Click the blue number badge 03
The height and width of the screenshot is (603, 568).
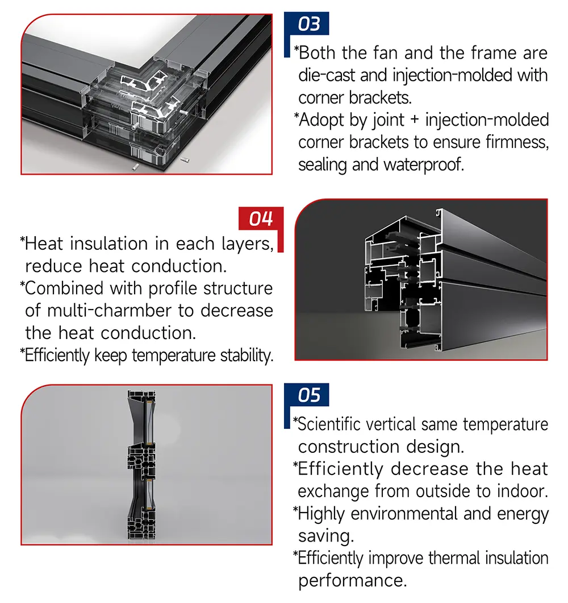pyautogui.click(x=307, y=23)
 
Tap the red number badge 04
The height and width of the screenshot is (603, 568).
pyautogui.click(x=261, y=218)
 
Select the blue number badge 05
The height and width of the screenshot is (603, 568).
pyautogui.click(x=307, y=395)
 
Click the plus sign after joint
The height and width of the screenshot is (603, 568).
pyautogui.click(x=415, y=119)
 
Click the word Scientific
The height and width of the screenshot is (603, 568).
pyautogui.click(x=329, y=424)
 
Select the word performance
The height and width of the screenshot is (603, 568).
pyautogui.click(x=352, y=581)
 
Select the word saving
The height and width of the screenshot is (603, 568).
pyautogui.click(x=326, y=536)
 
